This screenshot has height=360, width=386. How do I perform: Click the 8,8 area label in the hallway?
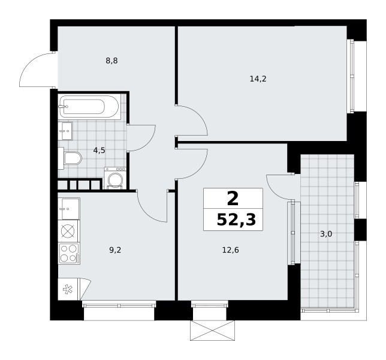pos(111,61)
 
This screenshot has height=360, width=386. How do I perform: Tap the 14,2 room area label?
pos(258,79)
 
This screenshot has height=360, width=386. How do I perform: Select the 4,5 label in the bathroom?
pos(99,150)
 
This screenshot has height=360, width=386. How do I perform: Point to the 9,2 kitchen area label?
pos(115,250)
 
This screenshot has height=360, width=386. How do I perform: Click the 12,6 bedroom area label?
pos(231,250)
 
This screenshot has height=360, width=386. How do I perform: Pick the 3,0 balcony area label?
pos(326,234)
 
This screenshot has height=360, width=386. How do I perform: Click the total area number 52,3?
pos(236,220)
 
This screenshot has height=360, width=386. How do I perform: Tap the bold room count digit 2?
pos(233,199)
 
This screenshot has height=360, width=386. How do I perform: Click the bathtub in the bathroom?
pos(90,107)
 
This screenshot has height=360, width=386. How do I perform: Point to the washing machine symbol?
pos(115,178)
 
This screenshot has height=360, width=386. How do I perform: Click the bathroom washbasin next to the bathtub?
pos(65,131)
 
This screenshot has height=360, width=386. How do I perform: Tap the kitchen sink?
pos(69,209)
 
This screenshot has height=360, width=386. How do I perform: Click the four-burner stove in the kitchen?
pos(69,253)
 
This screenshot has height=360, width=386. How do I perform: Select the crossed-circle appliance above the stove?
pos(68,231)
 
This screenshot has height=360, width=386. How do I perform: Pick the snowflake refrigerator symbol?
pos(68,289)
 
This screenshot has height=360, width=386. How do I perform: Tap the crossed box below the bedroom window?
pos(212,331)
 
